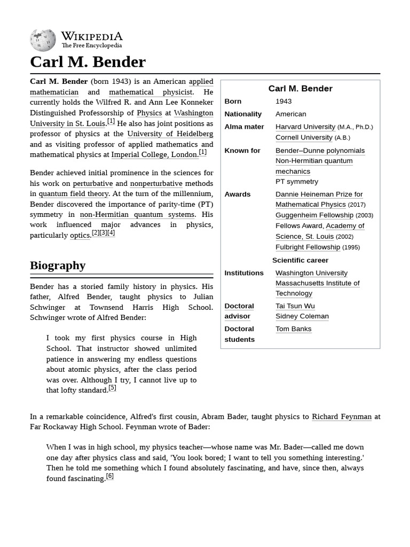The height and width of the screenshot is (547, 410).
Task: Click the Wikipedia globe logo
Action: pos(43,40)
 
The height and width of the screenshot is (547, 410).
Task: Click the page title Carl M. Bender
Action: pos(88,62)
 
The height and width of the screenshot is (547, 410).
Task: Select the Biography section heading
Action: pos(58,265)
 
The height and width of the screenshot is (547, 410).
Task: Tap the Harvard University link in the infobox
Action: pos(305,127)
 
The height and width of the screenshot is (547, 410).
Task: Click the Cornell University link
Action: pos(304,138)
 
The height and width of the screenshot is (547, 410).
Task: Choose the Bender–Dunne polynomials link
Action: pos(320,151)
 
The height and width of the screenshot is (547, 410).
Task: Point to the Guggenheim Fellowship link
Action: pos(314,215)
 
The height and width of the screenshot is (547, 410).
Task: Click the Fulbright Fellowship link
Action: pos(307,247)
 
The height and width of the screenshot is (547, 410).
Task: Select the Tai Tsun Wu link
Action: pos(295,306)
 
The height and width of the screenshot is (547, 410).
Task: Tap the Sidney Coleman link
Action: pos(302,316)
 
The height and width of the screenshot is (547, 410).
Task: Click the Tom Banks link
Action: pos(293,329)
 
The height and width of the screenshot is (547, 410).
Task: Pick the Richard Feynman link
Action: pos(341,417)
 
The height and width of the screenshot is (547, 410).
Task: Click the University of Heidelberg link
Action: pos(170,134)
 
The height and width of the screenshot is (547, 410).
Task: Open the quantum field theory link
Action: pos(73,194)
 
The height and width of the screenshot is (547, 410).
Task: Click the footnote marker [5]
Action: pos(112,388)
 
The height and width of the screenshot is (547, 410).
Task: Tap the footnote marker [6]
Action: pos(109,476)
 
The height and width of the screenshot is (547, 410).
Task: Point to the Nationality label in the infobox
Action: pos(243,114)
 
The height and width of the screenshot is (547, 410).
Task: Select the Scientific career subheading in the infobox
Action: pos(300,261)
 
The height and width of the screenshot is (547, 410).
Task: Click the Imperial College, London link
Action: pos(154,155)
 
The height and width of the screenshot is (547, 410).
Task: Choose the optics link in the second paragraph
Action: pos(80,236)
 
